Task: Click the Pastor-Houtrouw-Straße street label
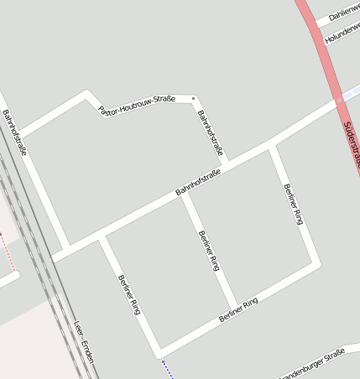coord(136,104)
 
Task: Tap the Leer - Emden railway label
coord(84,341)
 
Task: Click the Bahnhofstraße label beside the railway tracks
coord(14,132)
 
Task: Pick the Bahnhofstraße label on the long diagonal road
coord(197,182)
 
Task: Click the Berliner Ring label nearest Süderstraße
coord(292,204)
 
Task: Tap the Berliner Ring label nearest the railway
coord(128,294)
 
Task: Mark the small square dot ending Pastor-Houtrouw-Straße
coord(193,98)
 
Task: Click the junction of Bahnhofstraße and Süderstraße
coord(339,101)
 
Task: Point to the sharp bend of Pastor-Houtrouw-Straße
coord(87,94)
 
